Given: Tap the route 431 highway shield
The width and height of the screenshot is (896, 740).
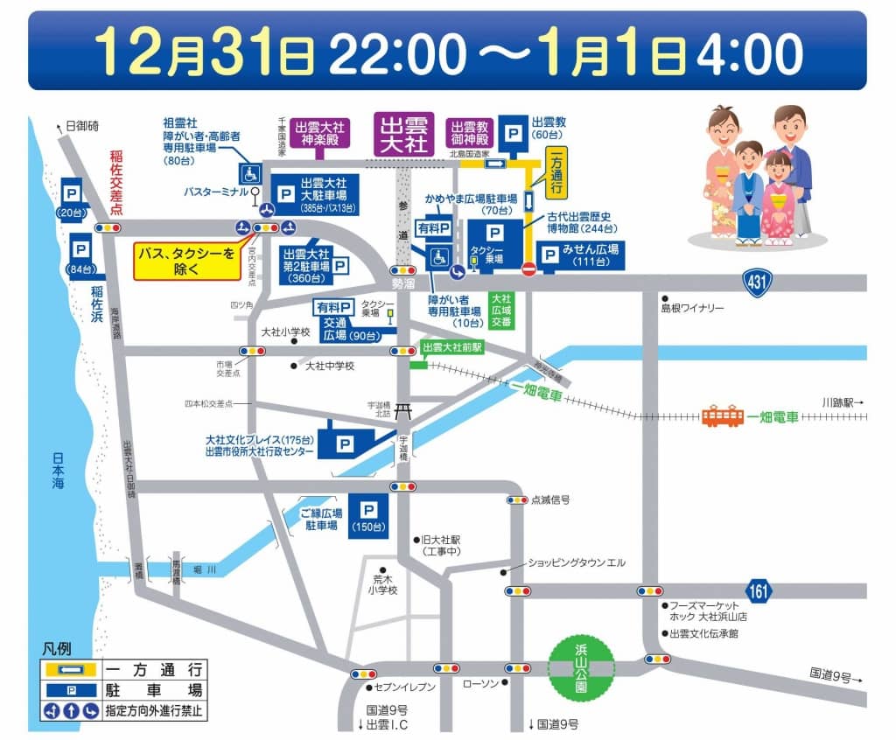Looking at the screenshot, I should [758, 282].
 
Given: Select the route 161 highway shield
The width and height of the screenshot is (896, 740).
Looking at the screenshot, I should [759, 590].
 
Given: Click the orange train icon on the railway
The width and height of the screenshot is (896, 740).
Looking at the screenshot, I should [723, 416].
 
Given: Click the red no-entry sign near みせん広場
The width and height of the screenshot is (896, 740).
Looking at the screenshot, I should [528, 269].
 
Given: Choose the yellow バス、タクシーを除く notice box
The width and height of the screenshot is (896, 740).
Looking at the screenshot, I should [186, 261].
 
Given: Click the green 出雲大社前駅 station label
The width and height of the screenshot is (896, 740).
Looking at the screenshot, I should [451, 347].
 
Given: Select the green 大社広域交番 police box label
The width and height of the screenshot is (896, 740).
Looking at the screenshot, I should [500, 308].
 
